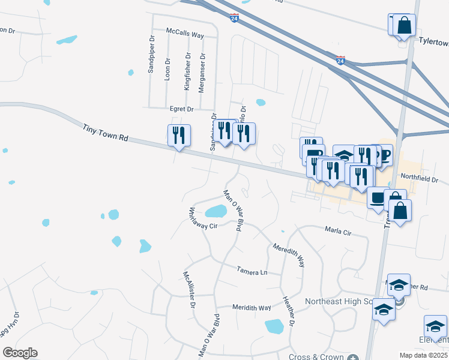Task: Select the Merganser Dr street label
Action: pos(203,67)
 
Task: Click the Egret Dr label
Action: pos(182,109)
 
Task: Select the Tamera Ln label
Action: pos(252,271)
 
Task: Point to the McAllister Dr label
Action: pos(189,289)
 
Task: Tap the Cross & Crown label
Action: pos(316,356)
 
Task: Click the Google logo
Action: pos(20,353)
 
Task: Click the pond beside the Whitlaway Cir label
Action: pos(215,211)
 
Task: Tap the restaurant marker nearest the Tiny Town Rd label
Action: pos(179,136)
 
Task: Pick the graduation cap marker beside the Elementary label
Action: pos(435,326)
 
